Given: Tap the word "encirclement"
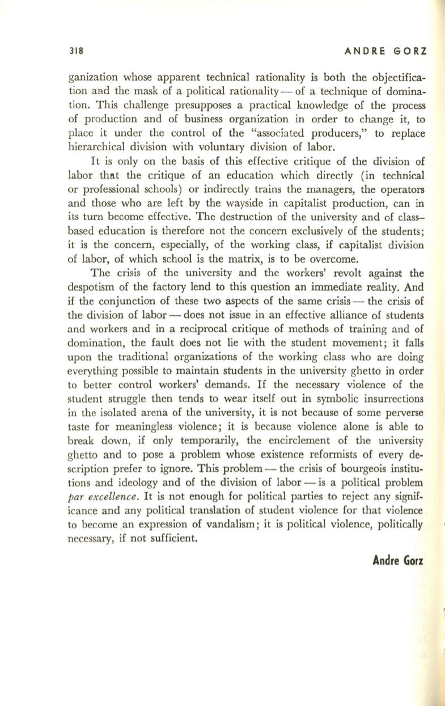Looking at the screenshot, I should pyautogui.click(x=304, y=459).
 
